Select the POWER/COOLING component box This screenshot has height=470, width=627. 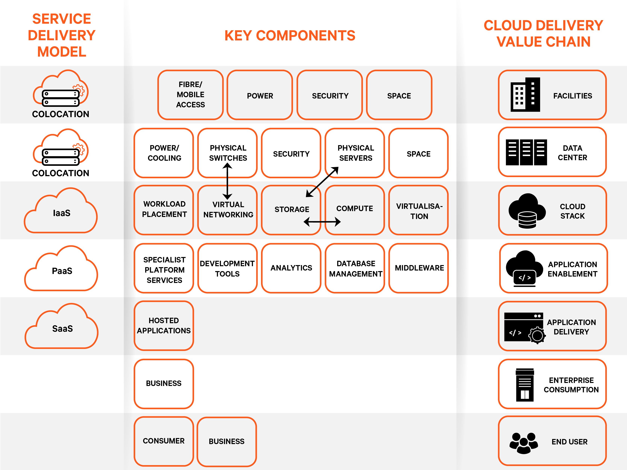pos(164,153)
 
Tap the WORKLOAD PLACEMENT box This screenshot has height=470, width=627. pos(164,210)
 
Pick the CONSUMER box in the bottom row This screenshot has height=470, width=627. pos(164,441)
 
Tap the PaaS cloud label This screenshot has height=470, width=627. pos(62,271)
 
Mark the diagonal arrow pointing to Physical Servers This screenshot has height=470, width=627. pos(322,182)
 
